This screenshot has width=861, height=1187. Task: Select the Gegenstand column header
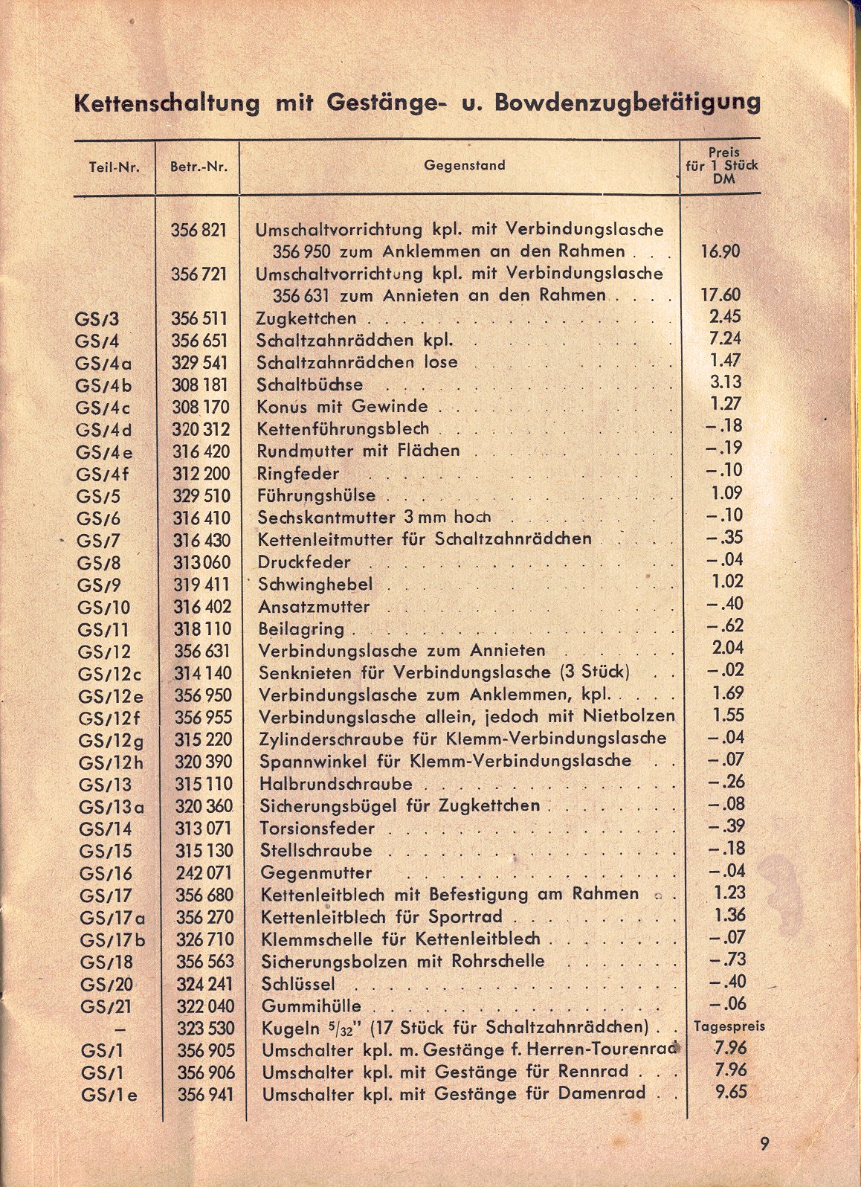pos(464,165)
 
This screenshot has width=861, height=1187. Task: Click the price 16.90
pos(720,251)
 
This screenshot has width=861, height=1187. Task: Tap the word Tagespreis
pos(728,1026)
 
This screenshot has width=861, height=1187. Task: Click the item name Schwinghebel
pos(315,585)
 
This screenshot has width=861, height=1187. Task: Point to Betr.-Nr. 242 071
pos(204,873)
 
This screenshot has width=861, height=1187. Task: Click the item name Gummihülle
pos(311,1006)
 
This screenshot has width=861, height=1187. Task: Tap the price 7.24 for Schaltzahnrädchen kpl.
pos(724,339)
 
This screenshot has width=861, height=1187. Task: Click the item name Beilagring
pos(301,629)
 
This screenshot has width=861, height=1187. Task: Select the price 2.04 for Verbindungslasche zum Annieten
pos(726,648)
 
